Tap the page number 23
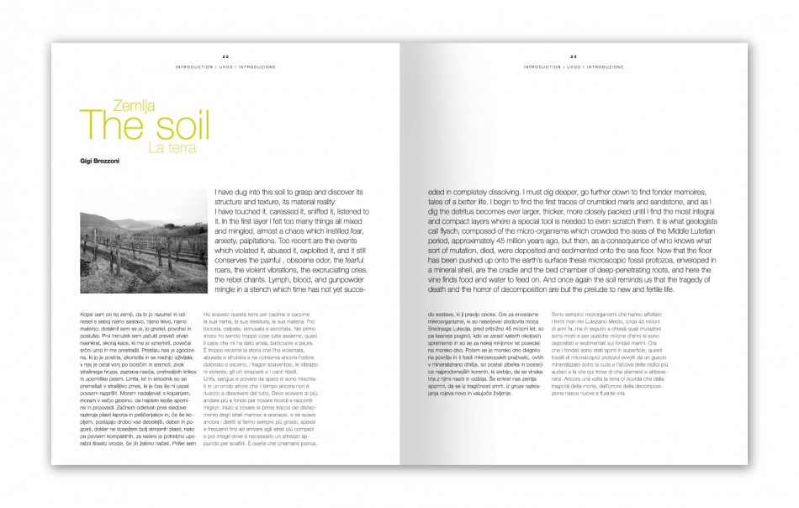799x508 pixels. (x=573, y=56)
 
